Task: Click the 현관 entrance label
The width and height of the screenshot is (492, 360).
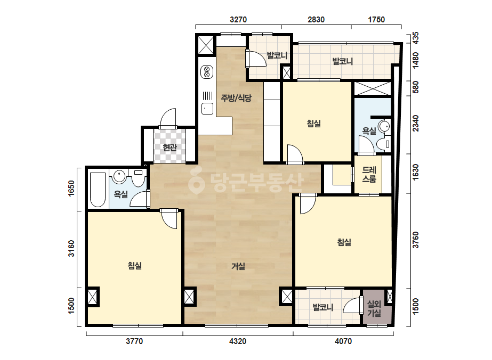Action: click(x=170, y=148)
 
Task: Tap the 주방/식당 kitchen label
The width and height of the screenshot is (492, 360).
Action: click(x=236, y=98)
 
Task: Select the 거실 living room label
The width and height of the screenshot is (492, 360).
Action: click(x=238, y=266)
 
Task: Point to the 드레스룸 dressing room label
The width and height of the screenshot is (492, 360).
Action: click(x=369, y=174)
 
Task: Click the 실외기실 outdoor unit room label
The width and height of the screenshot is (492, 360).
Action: click(x=374, y=308)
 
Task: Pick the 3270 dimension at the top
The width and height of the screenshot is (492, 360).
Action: click(x=238, y=20)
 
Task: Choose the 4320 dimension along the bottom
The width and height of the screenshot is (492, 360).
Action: click(x=238, y=341)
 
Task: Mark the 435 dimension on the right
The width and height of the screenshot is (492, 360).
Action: click(x=415, y=38)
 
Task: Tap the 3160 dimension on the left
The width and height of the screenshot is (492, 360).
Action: click(x=71, y=248)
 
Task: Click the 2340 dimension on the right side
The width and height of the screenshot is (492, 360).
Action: click(x=415, y=123)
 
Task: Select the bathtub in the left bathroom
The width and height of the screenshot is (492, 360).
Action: click(x=97, y=190)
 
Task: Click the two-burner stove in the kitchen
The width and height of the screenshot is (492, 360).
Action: click(x=207, y=72)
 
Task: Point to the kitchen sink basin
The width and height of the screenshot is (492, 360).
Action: click(x=207, y=109)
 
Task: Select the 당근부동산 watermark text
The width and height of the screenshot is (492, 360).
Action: click(x=246, y=182)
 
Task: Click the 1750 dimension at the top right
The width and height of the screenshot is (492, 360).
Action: click(x=376, y=20)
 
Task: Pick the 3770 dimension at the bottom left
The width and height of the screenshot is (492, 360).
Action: click(x=134, y=341)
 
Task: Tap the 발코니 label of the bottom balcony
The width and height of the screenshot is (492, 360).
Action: click(x=323, y=307)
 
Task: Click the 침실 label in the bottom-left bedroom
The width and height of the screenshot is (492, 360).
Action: click(x=135, y=266)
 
